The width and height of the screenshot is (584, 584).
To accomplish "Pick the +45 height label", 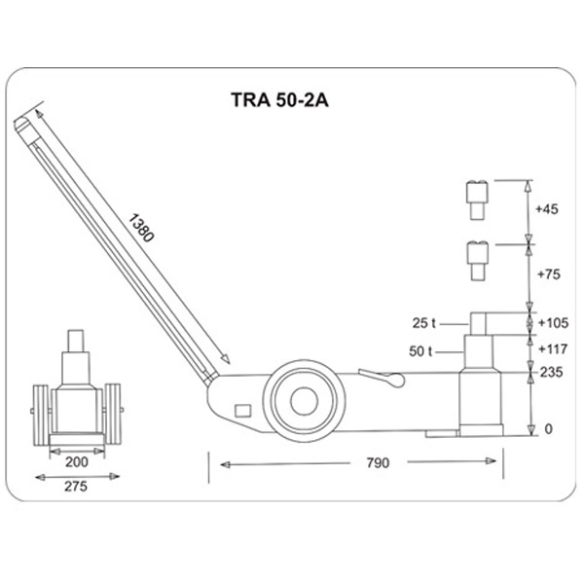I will [548, 209].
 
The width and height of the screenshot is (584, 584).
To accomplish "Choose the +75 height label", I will [548, 274].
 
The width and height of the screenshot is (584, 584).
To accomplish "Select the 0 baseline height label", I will [548, 429].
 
